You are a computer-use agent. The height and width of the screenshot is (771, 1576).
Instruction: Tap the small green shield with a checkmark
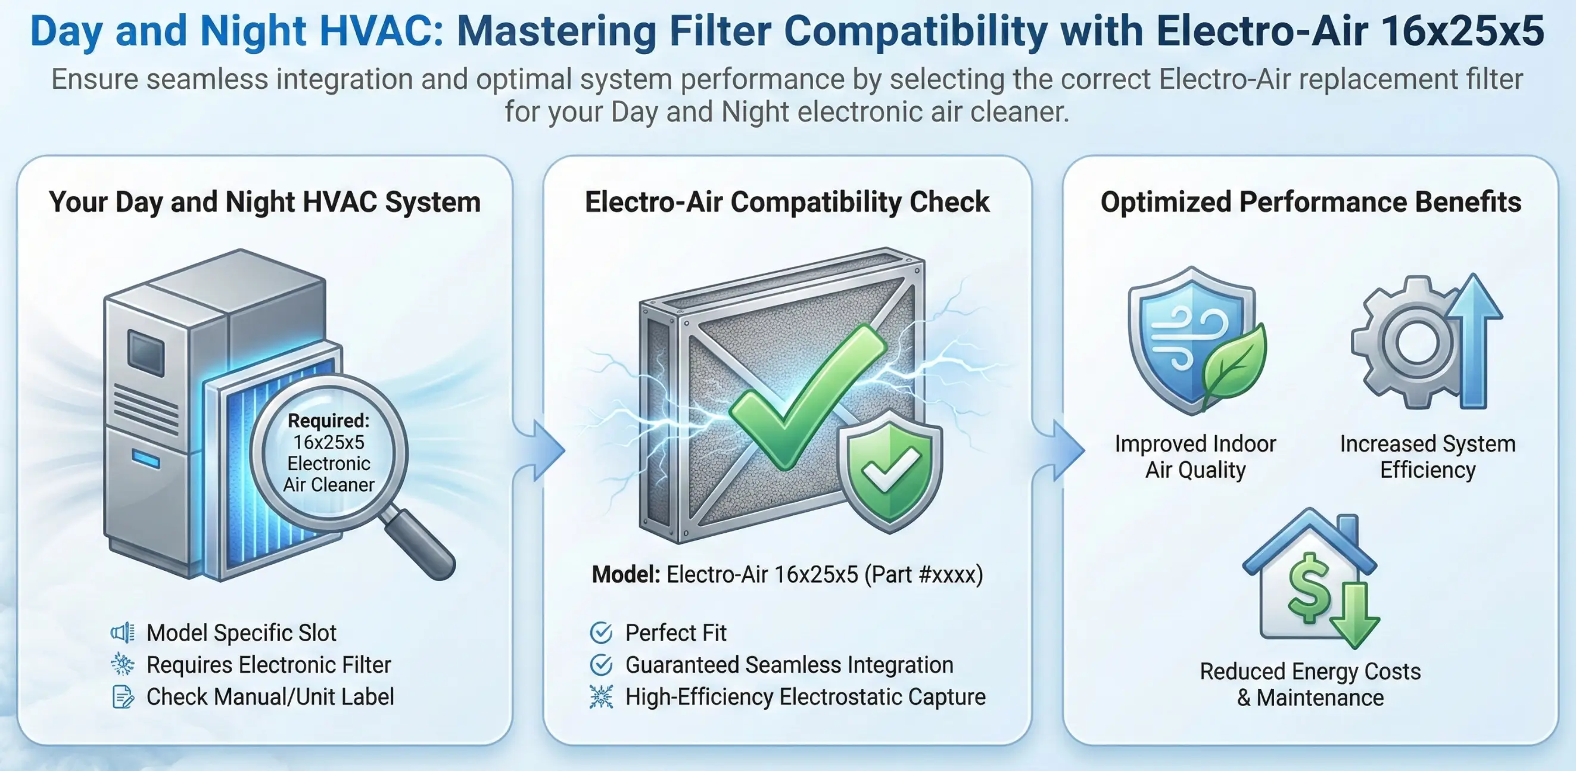[x=890, y=471]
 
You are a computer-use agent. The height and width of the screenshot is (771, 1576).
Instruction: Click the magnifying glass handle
[x=419, y=545]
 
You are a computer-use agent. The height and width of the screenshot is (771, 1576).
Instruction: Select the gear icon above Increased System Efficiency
[x=1407, y=343]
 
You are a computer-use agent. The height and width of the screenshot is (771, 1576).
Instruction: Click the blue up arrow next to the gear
[x=1474, y=340]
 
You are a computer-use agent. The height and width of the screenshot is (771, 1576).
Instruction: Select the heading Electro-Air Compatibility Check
[x=787, y=202]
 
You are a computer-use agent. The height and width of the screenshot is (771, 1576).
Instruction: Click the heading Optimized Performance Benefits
[x=1310, y=202]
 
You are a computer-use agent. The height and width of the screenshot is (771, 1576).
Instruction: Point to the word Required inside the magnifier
[x=329, y=421]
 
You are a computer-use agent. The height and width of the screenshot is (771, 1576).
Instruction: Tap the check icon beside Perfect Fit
[x=601, y=633]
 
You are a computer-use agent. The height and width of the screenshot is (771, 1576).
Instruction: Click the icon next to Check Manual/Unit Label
[x=123, y=697]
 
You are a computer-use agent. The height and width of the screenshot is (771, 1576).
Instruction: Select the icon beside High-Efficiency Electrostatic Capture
[x=601, y=697]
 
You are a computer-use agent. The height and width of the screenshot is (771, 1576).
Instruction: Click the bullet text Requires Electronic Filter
[x=269, y=665]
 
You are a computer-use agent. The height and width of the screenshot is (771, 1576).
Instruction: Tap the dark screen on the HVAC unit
[x=145, y=352]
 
